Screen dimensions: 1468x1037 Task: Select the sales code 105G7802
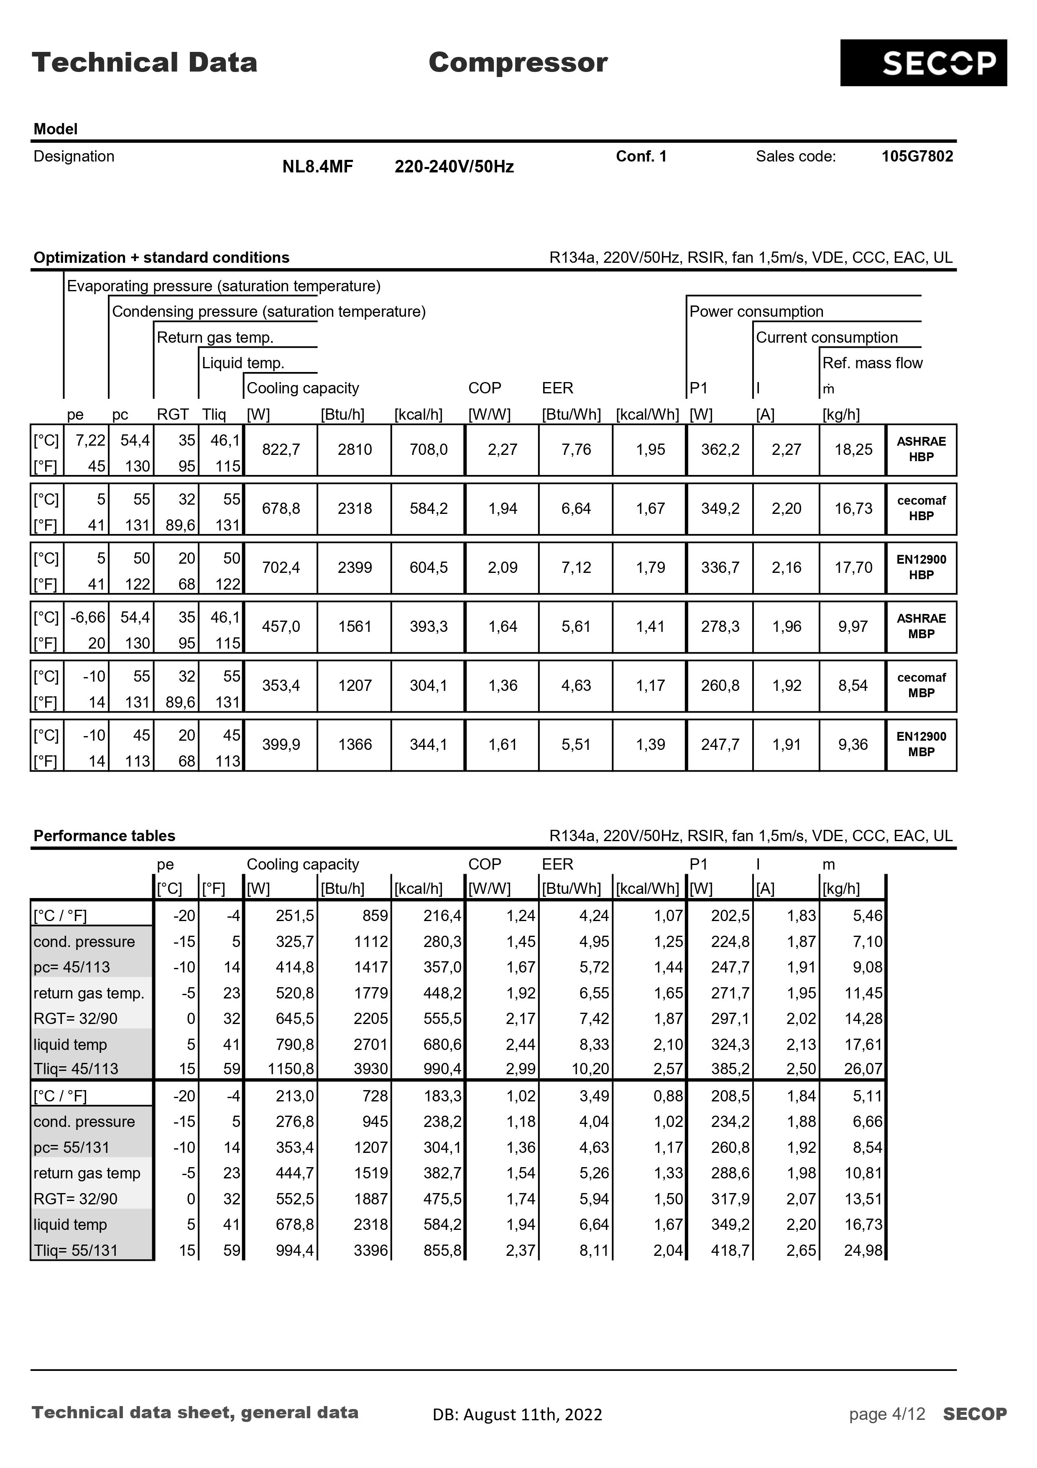pos(917,156)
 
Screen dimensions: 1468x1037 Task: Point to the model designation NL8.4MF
pos(317,167)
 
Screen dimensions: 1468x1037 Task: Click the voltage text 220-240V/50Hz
pos(454,167)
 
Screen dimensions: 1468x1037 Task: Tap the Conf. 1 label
pos(641,156)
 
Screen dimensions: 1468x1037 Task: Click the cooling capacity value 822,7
pos(281,449)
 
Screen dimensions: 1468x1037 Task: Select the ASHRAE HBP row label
pos(921,449)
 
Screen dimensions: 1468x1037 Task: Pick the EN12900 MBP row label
pos(921,744)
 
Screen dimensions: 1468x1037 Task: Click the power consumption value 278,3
pos(720,626)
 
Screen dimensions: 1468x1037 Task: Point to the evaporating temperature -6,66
pos(87,618)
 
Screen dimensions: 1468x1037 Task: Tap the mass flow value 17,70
pos(853,568)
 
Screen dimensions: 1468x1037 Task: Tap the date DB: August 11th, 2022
pos(517,1414)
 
